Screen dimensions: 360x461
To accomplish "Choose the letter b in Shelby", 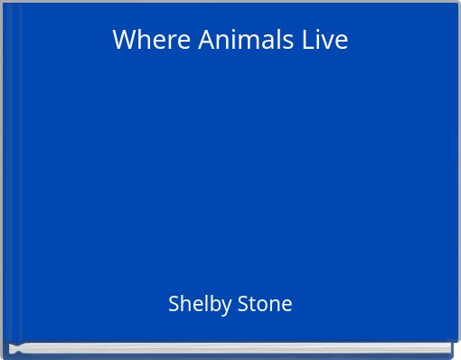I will (211, 304).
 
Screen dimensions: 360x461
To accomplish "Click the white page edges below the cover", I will (230, 347).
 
